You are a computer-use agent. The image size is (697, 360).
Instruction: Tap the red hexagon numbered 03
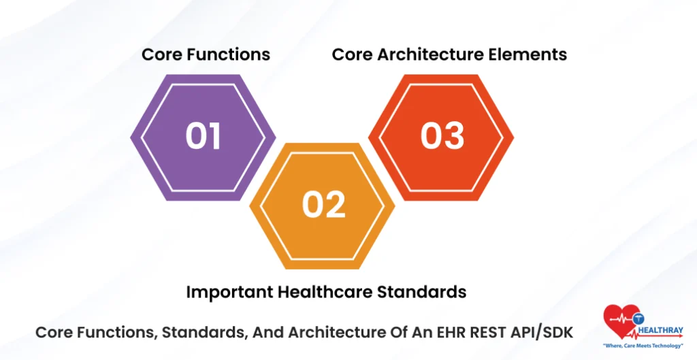pos(442,137)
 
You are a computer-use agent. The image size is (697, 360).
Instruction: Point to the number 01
pos(204,136)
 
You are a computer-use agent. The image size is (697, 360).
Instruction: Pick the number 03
pos(442,136)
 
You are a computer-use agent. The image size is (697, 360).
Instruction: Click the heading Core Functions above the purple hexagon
pos(206,54)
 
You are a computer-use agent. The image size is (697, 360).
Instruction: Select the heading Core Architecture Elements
pos(449,54)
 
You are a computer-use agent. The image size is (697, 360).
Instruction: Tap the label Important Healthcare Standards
pos(326,292)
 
